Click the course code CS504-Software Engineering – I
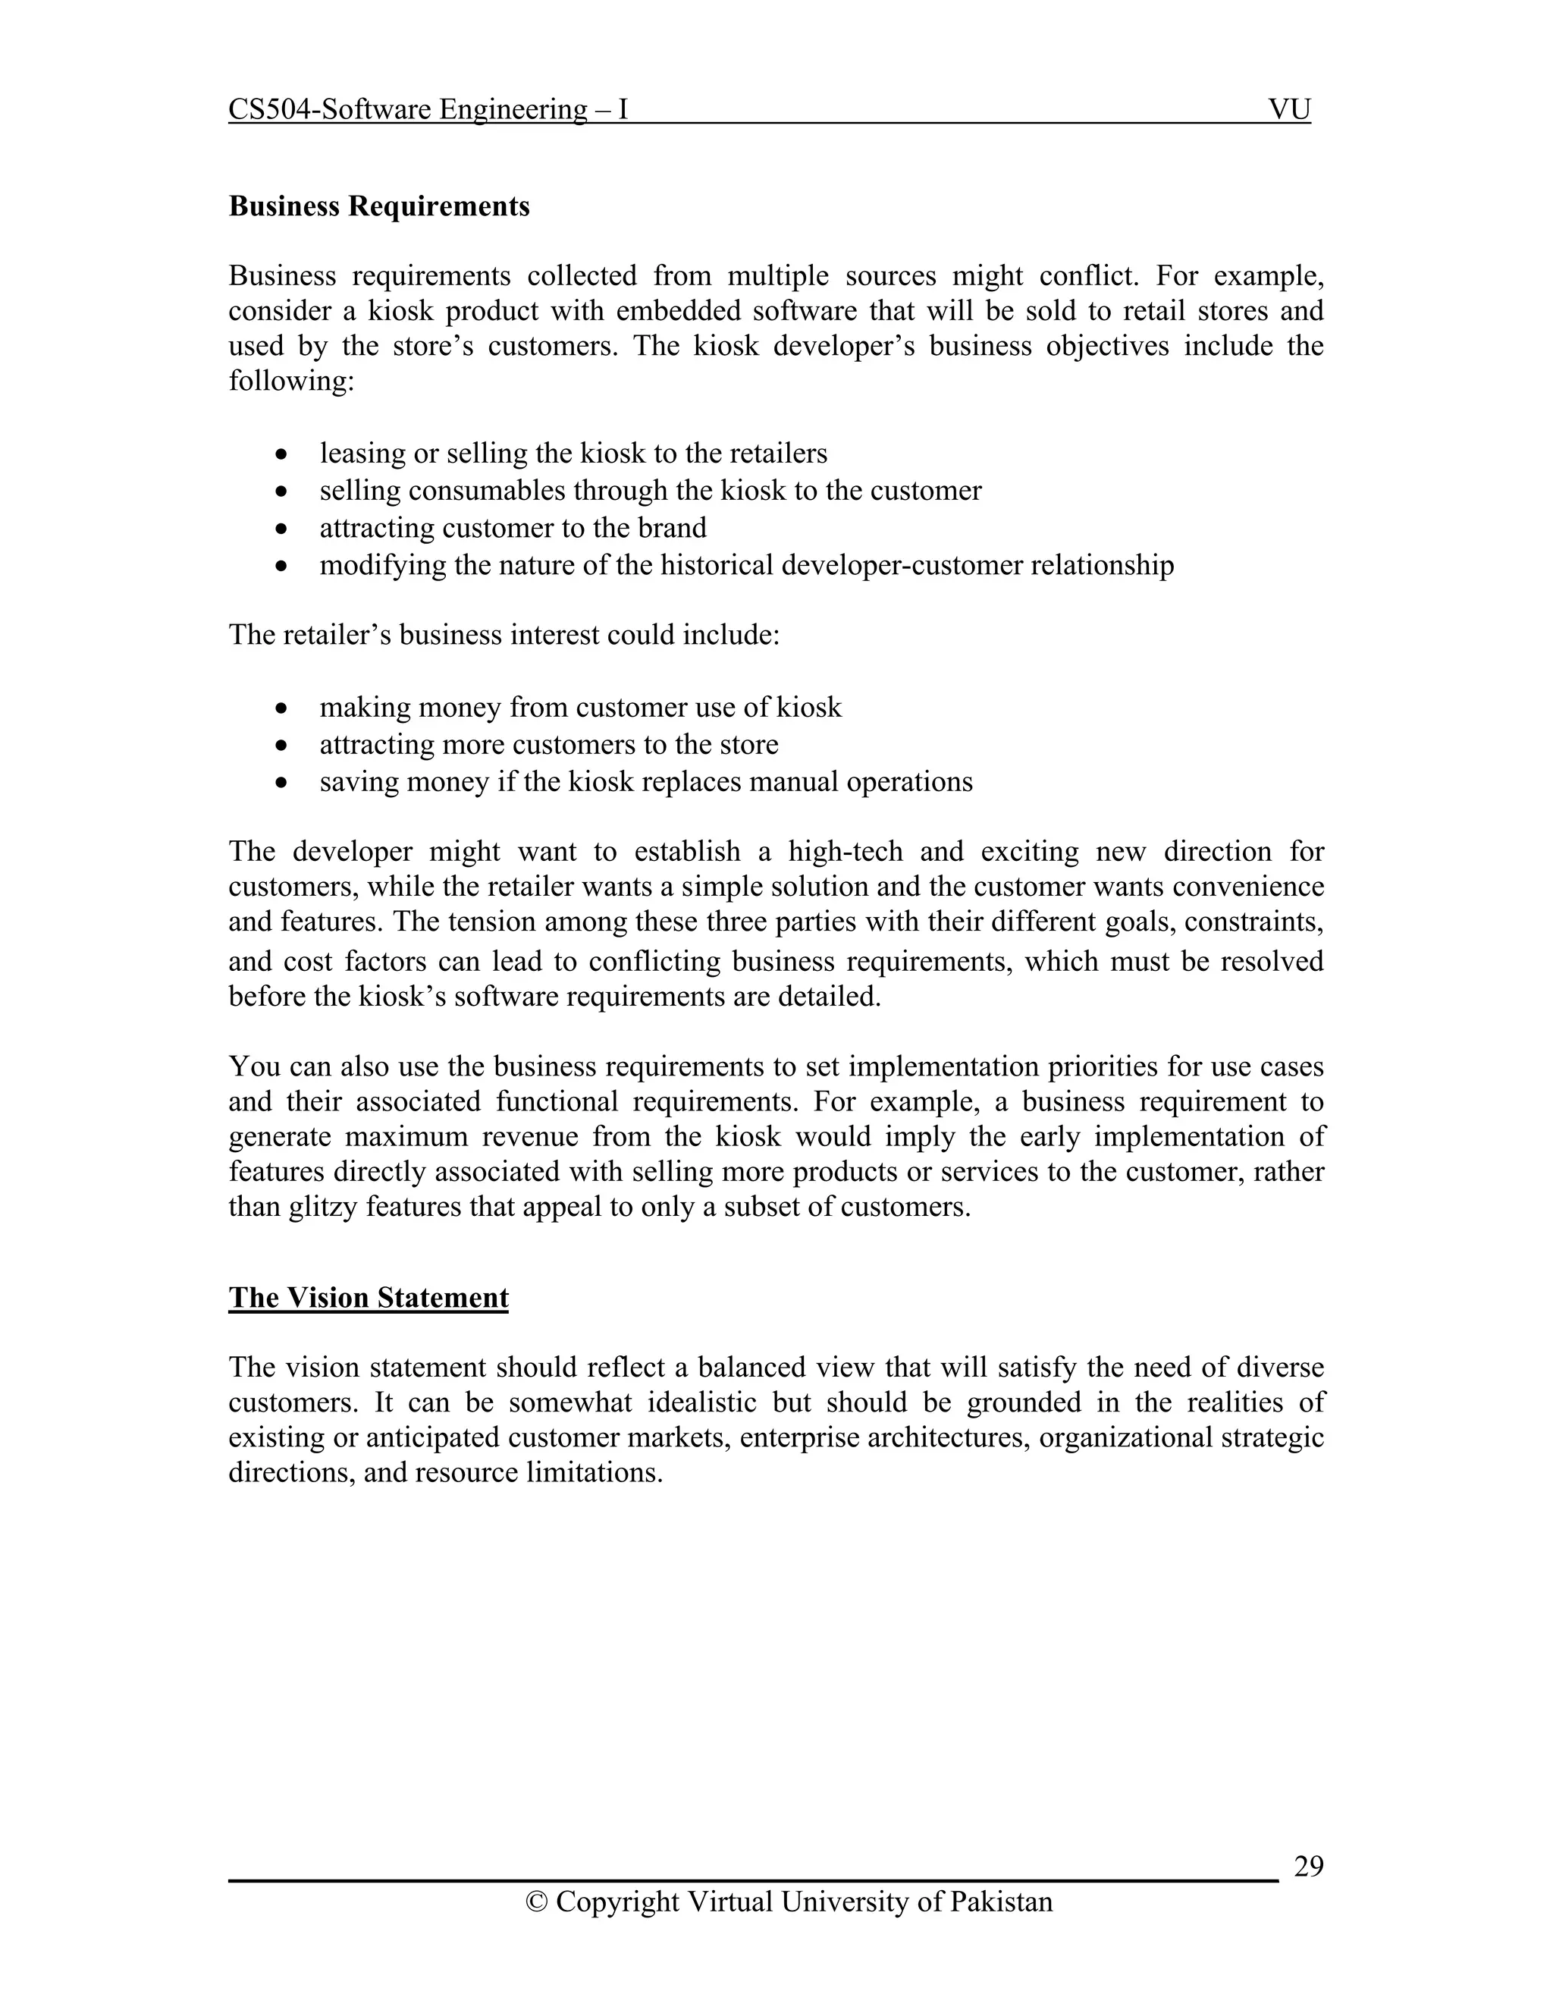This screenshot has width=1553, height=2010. pos(428,111)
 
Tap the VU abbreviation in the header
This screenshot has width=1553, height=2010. pos(1288,111)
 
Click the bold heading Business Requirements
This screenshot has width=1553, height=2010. pos(379,206)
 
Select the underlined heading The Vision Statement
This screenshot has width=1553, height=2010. pos(368,1298)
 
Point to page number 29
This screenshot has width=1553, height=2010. pos(1308,1867)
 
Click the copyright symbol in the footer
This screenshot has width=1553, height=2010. pos(535,1902)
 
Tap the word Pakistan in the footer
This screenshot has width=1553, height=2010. pos(1001,1902)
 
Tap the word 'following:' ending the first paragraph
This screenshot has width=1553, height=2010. pos(290,381)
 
